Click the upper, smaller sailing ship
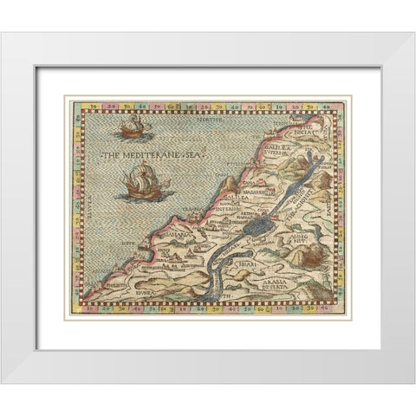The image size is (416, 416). pos(132,130)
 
